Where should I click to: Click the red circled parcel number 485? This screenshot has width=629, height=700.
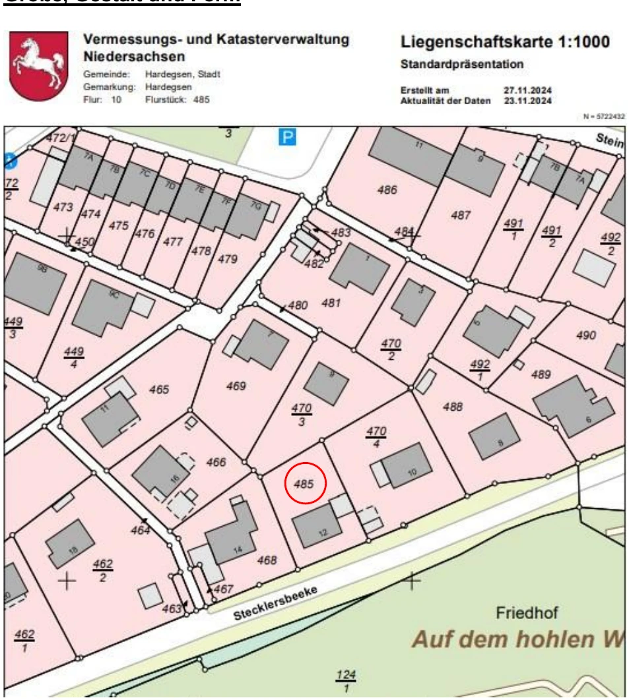pyautogui.click(x=304, y=484)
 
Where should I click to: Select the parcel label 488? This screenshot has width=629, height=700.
pyautogui.click(x=452, y=407)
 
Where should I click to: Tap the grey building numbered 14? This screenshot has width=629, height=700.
pyautogui.click(x=231, y=542)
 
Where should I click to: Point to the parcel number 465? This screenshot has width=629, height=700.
pyautogui.click(x=158, y=389)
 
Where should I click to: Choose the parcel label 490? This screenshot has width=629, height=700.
pyautogui.click(x=585, y=335)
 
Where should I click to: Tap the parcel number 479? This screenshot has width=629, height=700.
pyautogui.click(x=227, y=258)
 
